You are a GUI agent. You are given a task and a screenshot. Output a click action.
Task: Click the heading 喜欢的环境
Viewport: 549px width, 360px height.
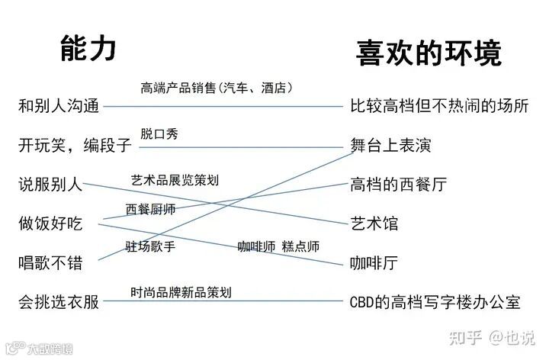pyautogui.click(x=429, y=54)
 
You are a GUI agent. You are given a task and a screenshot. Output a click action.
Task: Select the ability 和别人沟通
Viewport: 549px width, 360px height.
pyautogui.click(x=59, y=107)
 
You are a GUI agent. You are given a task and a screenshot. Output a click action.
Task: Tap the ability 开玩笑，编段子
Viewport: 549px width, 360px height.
pyautogui.click(x=75, y=146)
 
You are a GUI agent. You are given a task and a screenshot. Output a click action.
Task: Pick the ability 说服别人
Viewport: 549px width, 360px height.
pyautogui.click(x=50, y=185)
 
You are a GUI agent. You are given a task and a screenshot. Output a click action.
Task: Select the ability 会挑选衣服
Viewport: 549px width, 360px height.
pyautogui.click(x=59, y=302)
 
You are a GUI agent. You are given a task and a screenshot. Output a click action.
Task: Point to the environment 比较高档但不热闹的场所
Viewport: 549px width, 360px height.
pyautogui.click(x=439, y=106)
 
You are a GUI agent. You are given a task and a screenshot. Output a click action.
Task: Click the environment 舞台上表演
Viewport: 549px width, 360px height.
pyautogui.click(x=391, y=145)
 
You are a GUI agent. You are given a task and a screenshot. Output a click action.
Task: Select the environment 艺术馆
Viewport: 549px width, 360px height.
pyautogui.click(x=374, y=223)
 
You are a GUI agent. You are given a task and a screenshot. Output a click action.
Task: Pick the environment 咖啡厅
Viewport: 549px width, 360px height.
pyautogui.click(x=374, y=263)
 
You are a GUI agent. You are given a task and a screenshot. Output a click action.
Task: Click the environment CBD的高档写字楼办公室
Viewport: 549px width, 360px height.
pyautogui.click(x=435, y=302)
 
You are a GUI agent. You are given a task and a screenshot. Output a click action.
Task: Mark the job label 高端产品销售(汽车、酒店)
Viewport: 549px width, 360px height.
pyautogui.click(x=217, y=88)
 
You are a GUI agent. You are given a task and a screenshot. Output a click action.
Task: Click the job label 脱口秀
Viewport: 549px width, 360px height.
pyautogui.click(x=159, y=134)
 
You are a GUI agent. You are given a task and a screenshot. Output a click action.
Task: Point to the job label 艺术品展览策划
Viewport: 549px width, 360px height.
pyautogui.click(x=175, y=181)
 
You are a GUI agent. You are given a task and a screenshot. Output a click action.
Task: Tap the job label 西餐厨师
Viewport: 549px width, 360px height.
pyautogui.click(x=150, y=209)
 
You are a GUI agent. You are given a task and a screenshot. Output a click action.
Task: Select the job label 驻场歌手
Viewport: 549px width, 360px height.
pyautogui.click(x=150, y=246)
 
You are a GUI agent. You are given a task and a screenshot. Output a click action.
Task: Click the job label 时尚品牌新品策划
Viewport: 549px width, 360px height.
pyautogui.click(x=181, y=291)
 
